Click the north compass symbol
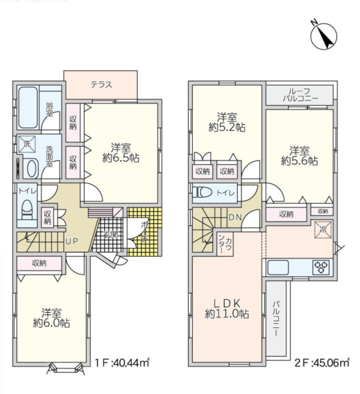pos(323,36)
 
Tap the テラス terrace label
pos(101,85)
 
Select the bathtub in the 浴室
pos(28,107)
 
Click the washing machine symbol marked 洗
pos(27,144)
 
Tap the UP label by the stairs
pos(71,242)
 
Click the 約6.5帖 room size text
pos(121,158)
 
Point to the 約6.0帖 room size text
pos(52,323)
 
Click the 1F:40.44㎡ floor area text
pos(122,363)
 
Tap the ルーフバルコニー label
pos(300,95)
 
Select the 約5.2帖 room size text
pos(227,127)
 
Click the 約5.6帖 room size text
pos(300,161)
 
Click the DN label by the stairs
pos(235,217)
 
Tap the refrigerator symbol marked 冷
pos(323,230)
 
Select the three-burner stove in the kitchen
pos(321,267)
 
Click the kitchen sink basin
pos(278,267)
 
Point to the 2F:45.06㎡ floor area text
pos(322,363)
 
